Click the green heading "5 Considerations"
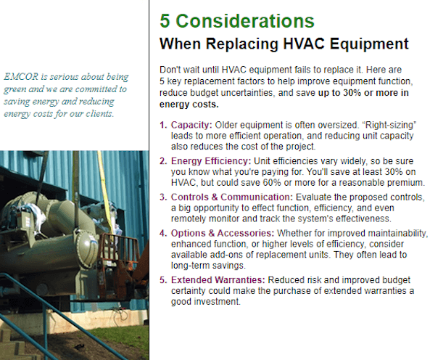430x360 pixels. pos(237,21)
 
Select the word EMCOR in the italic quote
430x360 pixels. pos(21,76)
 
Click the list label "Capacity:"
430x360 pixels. pos(191,125)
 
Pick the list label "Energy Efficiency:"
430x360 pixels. pos(211,161)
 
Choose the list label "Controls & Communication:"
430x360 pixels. pos(232,197)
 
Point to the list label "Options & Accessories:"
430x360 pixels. pos(223,233)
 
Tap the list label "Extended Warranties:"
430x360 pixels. pos(218,280)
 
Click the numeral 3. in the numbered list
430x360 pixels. pos(163,197)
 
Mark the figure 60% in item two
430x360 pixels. pos(272,182)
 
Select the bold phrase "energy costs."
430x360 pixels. pos(189,105)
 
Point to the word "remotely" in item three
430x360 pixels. pos(189,218)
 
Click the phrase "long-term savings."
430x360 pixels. pos(208,266)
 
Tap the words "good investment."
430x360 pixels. pos(206,301)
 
